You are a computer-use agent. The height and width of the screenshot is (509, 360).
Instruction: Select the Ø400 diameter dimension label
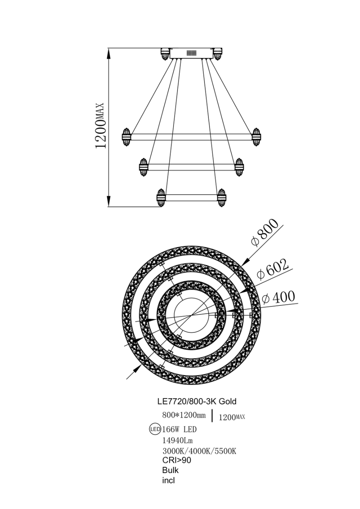278,297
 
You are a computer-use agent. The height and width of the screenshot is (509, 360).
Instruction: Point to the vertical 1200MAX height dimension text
100,125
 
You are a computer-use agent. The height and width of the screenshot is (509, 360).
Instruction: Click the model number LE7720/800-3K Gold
197,401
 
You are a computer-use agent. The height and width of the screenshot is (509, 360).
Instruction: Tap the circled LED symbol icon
155,429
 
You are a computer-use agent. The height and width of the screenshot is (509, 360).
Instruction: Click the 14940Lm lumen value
177,440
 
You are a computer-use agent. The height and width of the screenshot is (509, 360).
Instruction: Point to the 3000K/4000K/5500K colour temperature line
199,451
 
